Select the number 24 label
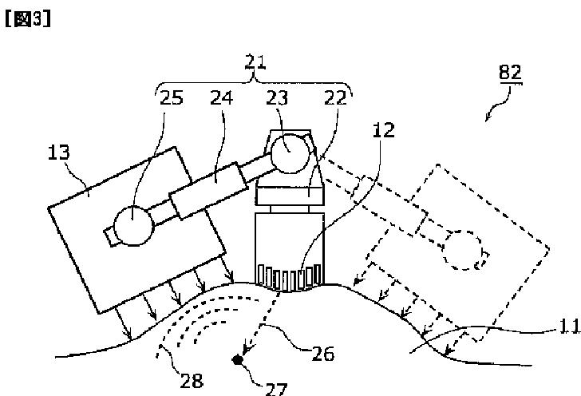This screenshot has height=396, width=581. (x=222, y=98)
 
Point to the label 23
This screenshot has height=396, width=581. (x=277, y=98)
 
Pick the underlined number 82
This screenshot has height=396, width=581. (x=510, y=73)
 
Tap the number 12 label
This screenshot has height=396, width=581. (x=383, y=131)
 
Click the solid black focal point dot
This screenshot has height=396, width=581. (x=237, y=360)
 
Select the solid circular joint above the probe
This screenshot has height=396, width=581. (x=286, y=150)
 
